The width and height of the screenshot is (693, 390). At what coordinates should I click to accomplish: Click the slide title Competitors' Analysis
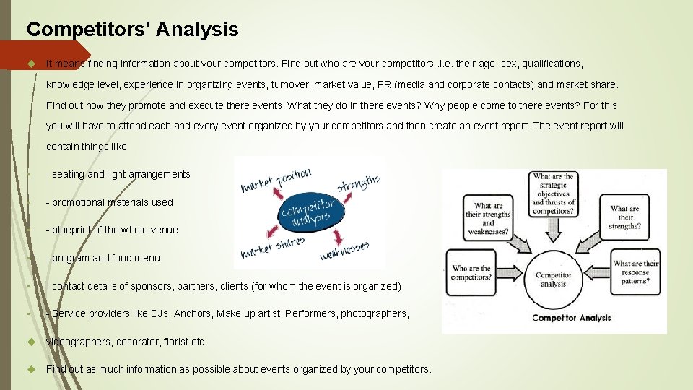[x=132, y=30]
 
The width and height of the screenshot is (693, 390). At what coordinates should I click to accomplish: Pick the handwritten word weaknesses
[x=345, y=249]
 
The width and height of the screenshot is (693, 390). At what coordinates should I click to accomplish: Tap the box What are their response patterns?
[x=636, y=273]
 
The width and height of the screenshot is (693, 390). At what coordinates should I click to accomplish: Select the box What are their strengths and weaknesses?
[x=489, y=218]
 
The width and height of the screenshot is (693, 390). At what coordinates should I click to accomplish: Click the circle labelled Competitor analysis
[x=553, y=279]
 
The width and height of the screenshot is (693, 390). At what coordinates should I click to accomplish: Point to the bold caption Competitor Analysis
[x=571, y=318]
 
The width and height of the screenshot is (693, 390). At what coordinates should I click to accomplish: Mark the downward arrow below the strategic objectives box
[x=553, y=229]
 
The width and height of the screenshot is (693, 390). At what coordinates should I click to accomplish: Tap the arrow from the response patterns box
[x=598, y=276]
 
